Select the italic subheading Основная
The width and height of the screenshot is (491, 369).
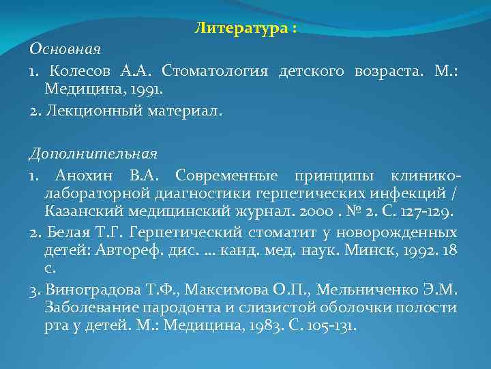65,50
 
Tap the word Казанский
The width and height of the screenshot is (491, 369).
80,210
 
